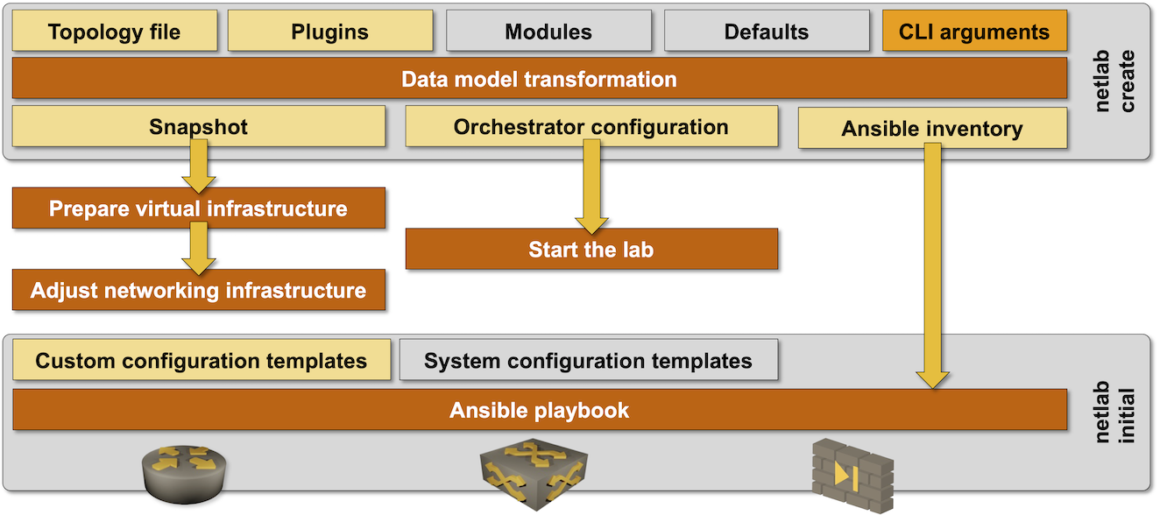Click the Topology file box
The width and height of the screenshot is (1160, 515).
pyautogui.click(x=114, y=32)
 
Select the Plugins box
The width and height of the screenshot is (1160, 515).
pyautogui.click(x=330, y=32)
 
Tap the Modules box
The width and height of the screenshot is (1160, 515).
pyautogui.click(x=548, y=32)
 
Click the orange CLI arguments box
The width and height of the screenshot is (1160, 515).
pyautogui.click(x=973, y=32)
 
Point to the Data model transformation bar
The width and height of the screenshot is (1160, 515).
pyautogui.click(x=539, y=80)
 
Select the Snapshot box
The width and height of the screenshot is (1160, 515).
pyautogui.click(x=199, y=127)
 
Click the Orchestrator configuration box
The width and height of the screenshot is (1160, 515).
pyautogui.click(x=591, y=127)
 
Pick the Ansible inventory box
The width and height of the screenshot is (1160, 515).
pyautogui.click(x=932, y=129)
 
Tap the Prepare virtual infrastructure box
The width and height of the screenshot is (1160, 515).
pyautogui.click(x=199, y=208)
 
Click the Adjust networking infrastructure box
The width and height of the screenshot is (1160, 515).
pyautogui.click(x=199, y=290)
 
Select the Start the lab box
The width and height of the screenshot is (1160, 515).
pyautogui.click(x=591, y=250)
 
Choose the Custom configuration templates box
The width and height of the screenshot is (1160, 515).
pyautogui.click(x=202, y=361)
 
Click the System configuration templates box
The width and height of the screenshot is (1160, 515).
pyautogui.click(x=588, y=361)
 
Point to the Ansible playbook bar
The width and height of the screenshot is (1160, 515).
pyautogui.click(x=539, y=410)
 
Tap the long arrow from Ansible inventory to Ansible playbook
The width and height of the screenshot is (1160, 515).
pyautogui.click(x=932, y=263)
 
